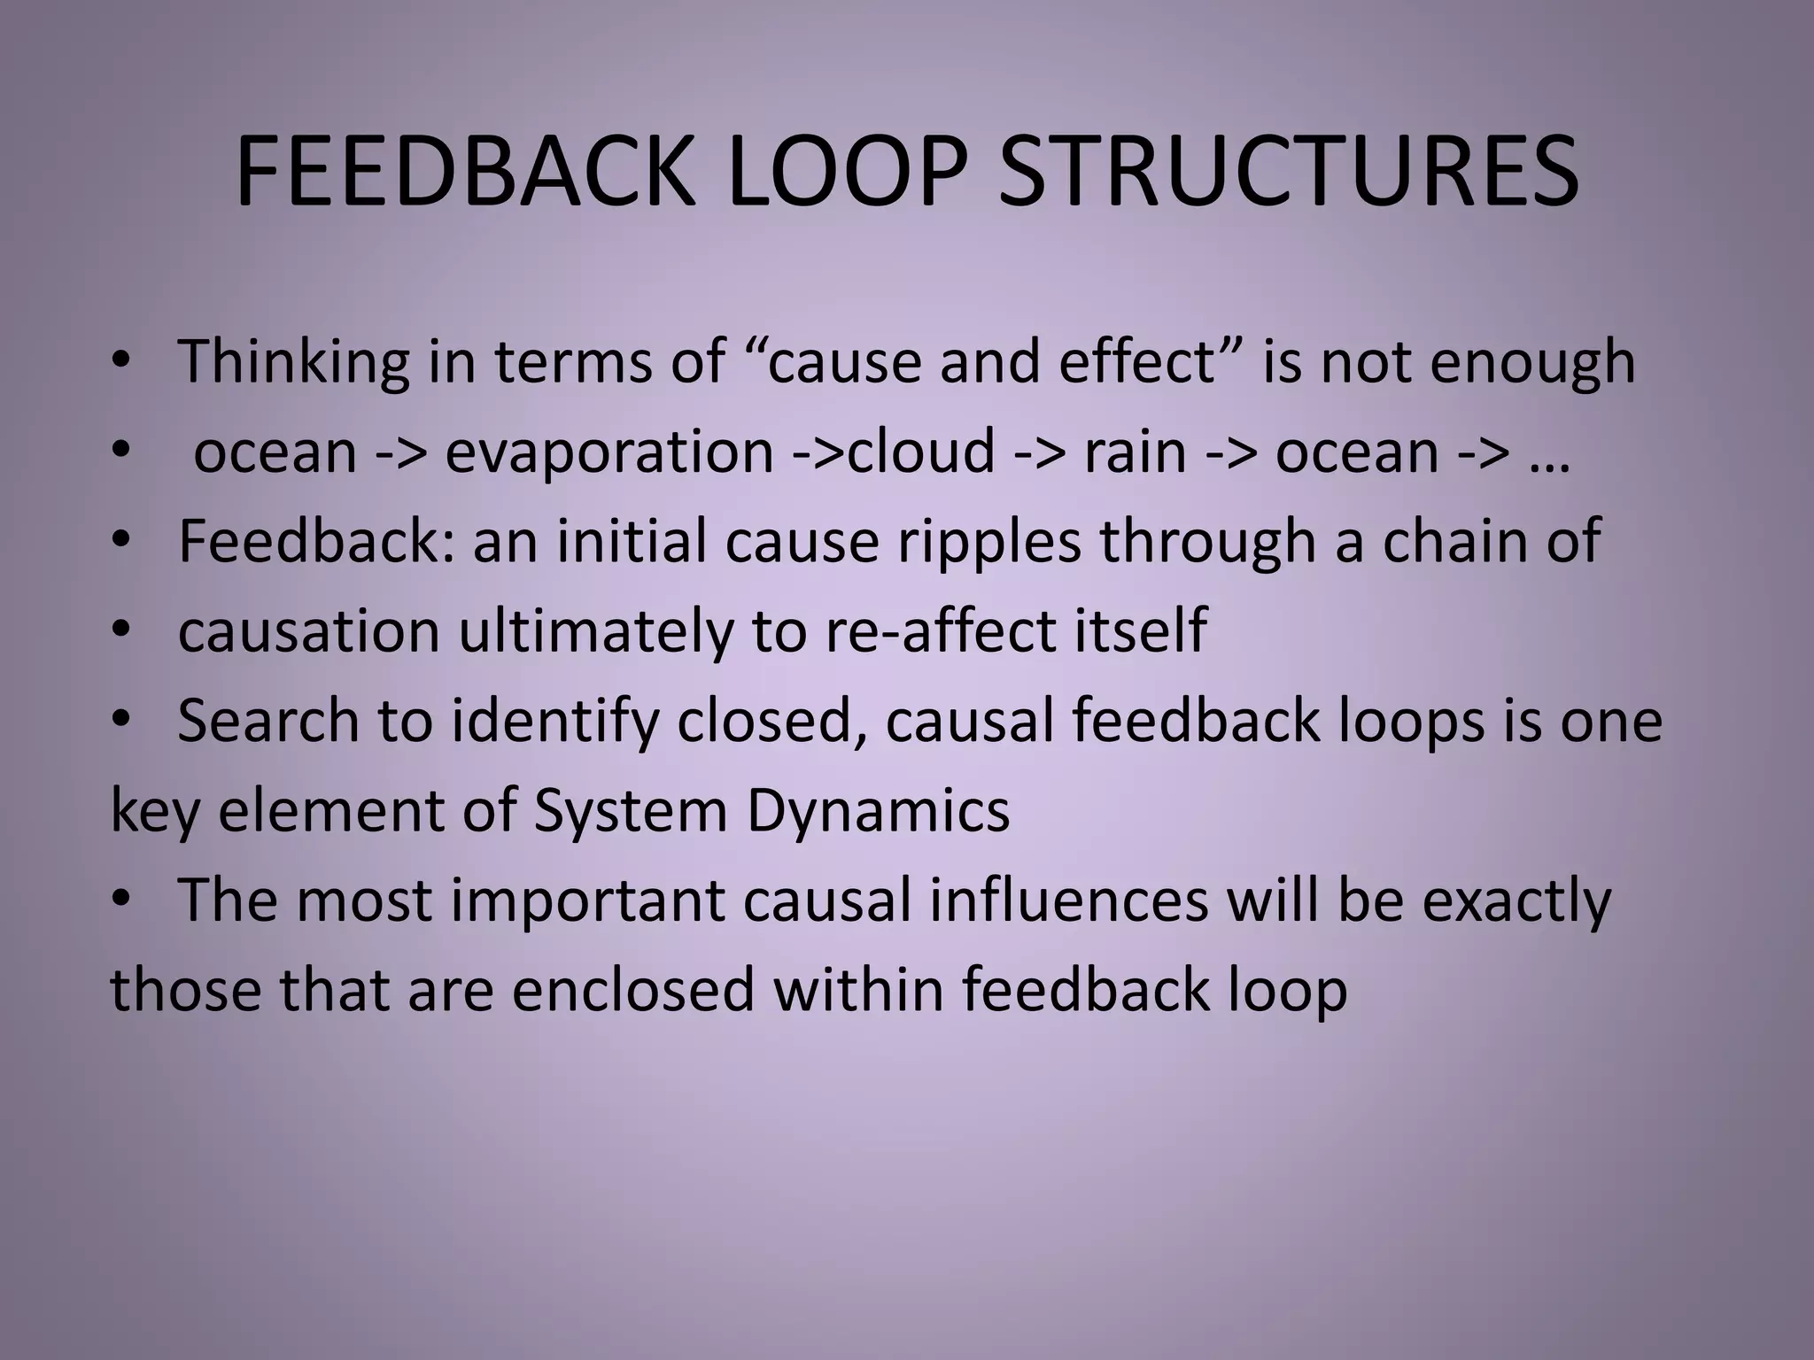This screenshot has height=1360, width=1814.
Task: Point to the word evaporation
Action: (x=609, y=452)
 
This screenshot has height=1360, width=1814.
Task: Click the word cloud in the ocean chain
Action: (x=921, y=452)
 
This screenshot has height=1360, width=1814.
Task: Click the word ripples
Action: (x=989, y=542)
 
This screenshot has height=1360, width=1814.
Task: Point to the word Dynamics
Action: (x=878, y=811)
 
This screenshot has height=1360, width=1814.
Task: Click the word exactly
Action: (x=1516, y=900)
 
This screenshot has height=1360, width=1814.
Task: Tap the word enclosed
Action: (x=632, y=990)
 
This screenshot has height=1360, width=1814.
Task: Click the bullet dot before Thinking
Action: (x=121, y=362)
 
